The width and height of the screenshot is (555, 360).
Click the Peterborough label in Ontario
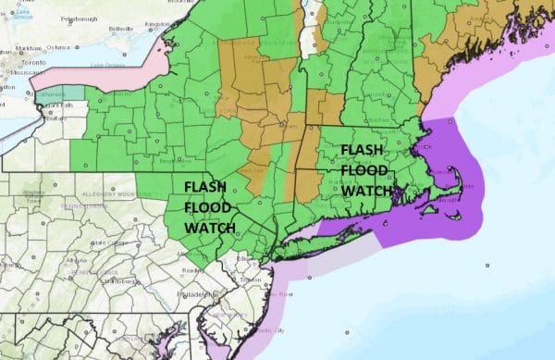tap(72, 18)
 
